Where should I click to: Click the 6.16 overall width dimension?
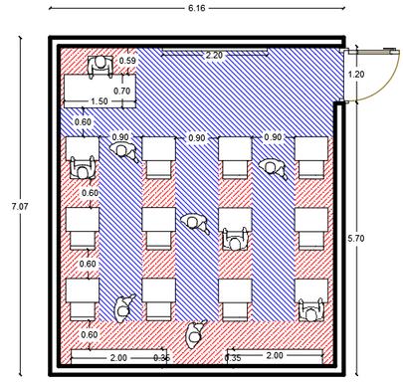click(197, 8)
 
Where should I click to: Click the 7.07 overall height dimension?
click(20, 206)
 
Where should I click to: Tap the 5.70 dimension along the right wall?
click(356, 238)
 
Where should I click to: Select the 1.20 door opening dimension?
click(356, 74)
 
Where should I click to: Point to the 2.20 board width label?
click(214, 55)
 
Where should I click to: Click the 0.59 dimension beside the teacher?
click(127, 61)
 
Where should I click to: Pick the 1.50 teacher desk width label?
click(100, 101)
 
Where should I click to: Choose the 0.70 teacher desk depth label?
click(122, 91)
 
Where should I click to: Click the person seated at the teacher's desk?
click(101, 66)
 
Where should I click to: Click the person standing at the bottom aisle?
click(194, 334)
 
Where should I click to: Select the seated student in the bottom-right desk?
click(311, 310)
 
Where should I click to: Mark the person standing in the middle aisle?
click(195, 223)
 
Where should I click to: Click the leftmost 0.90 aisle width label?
click(120, 137)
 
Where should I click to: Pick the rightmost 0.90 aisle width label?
click(273, 137)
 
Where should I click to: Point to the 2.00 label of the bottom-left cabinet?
click(118, 358)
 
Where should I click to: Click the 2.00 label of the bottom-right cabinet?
click(275, 355)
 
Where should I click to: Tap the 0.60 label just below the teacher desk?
click(83, 121)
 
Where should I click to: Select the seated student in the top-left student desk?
click(83, 168)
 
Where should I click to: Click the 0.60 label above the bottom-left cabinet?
click(90, 334)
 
